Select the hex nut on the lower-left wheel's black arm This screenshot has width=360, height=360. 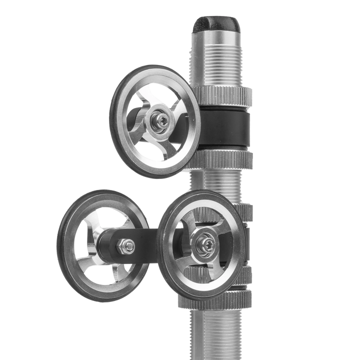point(127,245)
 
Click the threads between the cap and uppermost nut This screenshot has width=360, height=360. point(217,65)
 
